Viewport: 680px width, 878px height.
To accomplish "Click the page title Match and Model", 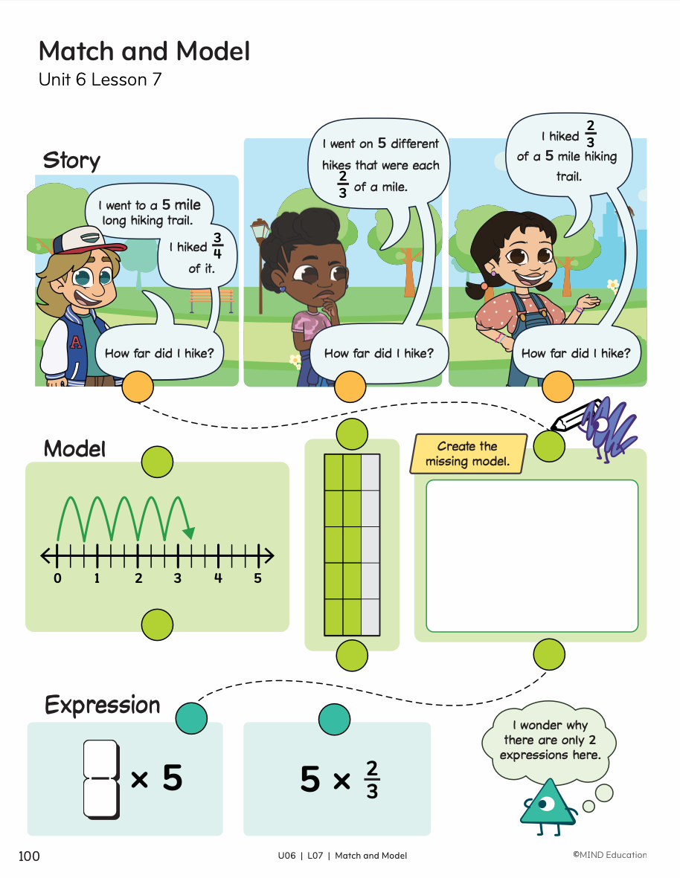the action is [144, 51].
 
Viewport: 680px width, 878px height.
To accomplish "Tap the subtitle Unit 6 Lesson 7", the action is [100, 80].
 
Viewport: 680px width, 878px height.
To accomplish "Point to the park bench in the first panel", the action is [211, 300].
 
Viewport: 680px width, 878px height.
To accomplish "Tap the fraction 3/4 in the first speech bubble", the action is [218, 247].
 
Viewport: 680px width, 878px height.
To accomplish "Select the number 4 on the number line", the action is [218, 578].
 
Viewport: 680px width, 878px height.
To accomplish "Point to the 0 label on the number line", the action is [57, 578].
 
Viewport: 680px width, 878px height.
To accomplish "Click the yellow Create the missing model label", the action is [467, 453].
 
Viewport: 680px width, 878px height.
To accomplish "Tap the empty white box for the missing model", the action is [532, 555].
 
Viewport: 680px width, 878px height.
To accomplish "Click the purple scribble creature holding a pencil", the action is [604, 427].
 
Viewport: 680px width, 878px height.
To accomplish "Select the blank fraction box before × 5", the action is [100, 778].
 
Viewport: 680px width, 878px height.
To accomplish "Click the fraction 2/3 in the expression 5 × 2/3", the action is [372, 779].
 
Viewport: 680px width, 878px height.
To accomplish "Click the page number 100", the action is [29, 856].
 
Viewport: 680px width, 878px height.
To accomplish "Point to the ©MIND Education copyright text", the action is [609, 856].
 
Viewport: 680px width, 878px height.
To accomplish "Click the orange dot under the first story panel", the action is [137, 387].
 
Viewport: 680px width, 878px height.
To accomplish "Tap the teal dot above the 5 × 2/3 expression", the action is [334, 719].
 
